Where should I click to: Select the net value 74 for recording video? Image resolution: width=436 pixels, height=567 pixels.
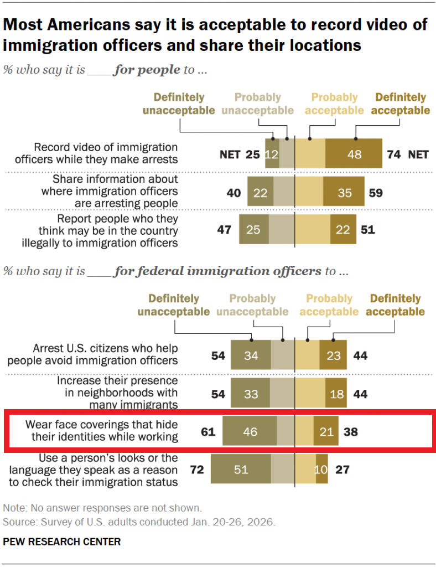coord(393,154)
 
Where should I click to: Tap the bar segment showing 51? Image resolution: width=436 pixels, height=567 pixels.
coord(241,470)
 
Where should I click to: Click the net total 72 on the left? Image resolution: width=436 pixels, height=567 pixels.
coord(197,470)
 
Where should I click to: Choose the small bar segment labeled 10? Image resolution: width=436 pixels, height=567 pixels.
coord(321,470)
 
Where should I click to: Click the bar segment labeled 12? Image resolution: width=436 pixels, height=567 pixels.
coord(271,154)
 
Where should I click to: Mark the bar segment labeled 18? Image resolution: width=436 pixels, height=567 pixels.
coord(335,394)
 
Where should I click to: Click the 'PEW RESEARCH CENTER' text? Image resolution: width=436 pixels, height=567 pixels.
coord(62,542)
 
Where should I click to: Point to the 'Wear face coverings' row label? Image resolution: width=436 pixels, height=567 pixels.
coord(102,431)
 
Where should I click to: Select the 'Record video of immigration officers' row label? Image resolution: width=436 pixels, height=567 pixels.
coord(106,153)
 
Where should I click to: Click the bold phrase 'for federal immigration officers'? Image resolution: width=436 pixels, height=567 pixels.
coord(217,271)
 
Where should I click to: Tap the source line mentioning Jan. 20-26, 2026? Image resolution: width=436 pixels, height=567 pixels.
coord(139,522)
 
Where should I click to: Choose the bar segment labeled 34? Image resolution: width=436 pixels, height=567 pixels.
coord(251,355)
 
